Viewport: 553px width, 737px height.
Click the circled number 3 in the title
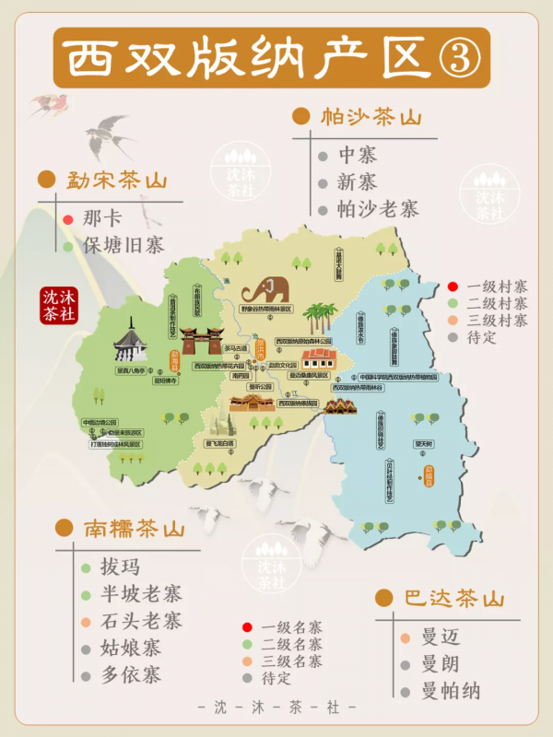point(457,56)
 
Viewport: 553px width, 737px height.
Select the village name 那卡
point(100,219)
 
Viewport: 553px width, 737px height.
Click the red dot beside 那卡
point(67,220)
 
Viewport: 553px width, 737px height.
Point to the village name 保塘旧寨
point(123,246)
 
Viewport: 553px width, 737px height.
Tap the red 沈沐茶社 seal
point(58,305)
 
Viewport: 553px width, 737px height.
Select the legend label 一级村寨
point(498,287)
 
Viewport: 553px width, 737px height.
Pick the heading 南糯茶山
point(135,529)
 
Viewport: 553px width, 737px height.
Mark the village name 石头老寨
point(141,620)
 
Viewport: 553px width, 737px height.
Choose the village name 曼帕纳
point(452,691)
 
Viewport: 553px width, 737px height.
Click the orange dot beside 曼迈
point(405,638)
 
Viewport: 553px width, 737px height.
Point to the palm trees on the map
point(318,319)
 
